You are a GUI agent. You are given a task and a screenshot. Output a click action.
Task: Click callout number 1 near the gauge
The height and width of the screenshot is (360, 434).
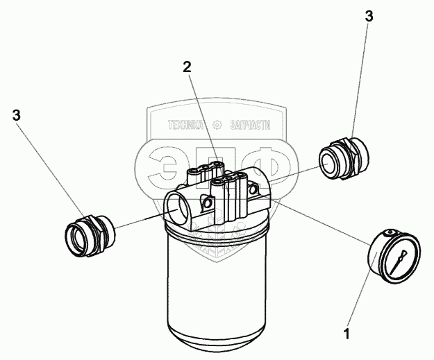click(347, 334)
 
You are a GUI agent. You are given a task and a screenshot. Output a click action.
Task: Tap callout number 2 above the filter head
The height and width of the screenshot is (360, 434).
click(187, 67)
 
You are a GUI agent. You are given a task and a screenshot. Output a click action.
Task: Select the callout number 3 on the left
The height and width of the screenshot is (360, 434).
click(17, 115)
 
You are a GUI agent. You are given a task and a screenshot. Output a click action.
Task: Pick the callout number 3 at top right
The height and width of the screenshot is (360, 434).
click(369, 17)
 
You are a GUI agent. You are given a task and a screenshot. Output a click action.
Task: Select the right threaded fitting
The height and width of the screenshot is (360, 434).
click(344, 158)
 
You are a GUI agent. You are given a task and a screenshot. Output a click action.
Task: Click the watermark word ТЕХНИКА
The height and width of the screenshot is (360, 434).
click(185, 126)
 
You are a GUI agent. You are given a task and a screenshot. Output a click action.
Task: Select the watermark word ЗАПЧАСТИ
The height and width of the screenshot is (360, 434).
click(250, 126)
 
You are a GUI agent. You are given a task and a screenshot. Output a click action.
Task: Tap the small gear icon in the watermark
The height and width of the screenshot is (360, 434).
click(217, 126)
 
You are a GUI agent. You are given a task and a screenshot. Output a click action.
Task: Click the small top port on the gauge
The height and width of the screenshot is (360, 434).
click(390, 232)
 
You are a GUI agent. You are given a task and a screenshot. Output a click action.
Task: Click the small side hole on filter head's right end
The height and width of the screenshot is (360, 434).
click(253, 189)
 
